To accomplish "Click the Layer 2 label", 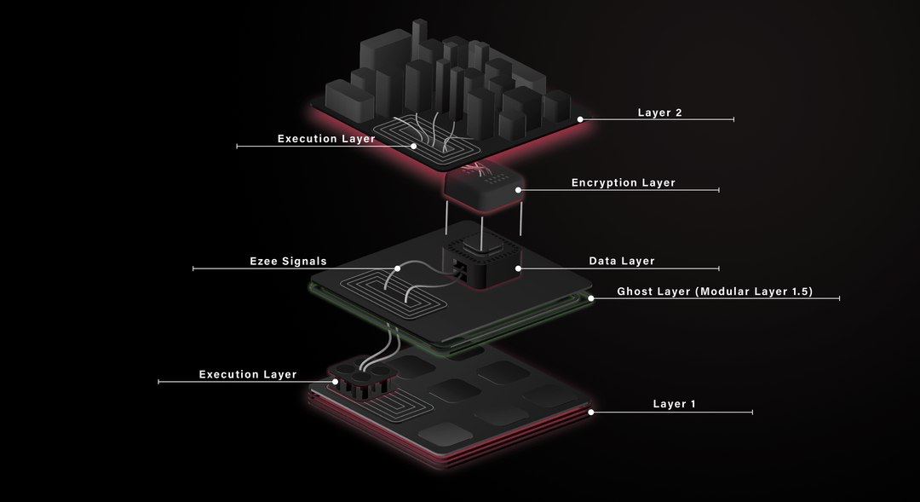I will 659,113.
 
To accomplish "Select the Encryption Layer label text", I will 623,183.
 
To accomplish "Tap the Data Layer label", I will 622,261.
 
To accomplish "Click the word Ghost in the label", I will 635,291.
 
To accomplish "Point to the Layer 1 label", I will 674,404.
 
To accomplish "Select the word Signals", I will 305,262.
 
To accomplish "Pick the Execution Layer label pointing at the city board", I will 326,139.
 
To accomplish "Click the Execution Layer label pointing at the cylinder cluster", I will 248,374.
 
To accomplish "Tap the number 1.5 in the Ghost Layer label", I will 798,291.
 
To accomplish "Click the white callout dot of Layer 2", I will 581,119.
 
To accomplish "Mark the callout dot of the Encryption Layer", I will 522,190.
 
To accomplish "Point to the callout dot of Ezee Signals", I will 397,268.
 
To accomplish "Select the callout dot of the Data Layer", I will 518,268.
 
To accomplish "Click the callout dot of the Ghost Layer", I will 592,298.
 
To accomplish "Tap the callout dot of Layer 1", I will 590,412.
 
